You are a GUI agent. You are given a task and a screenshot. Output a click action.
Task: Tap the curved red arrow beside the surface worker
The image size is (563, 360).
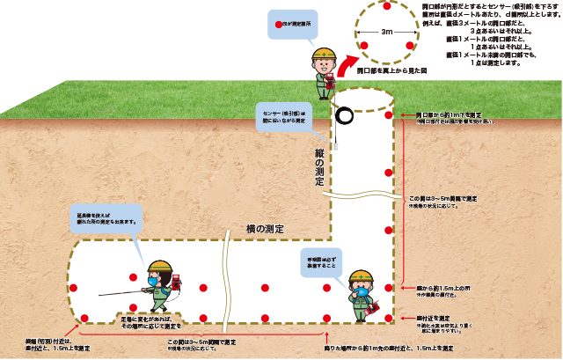coord(344,67)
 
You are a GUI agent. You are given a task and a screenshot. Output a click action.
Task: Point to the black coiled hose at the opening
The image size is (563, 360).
coord(343,115)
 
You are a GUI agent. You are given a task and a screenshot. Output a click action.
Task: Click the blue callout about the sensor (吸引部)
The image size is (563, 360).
coord(282,116)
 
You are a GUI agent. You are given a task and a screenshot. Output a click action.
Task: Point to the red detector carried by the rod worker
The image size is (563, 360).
coord(174,282)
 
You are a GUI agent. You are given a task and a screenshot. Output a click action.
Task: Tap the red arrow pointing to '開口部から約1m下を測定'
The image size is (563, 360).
coord(407,115)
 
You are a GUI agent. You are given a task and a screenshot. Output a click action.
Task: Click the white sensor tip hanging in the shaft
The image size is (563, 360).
coord(334,135)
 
